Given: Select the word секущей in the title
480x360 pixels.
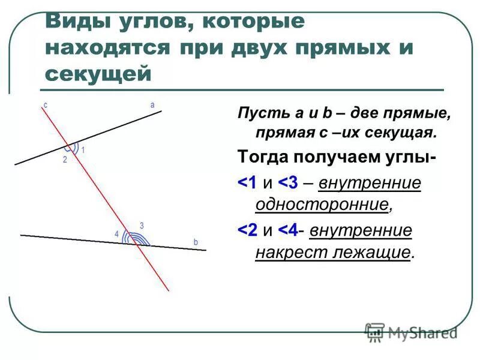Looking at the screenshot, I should pos(97,73).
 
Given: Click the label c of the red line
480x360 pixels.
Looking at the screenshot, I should pos(45,104).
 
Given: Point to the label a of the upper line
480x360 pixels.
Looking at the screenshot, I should pos(152,104).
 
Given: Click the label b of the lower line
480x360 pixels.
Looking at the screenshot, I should pos(196,241).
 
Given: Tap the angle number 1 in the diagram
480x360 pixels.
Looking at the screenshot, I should pos(83,150).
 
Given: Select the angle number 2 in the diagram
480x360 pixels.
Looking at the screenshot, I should pos(65,160).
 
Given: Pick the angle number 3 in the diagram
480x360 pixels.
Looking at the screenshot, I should pos(142,226).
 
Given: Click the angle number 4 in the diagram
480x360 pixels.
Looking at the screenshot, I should pos(117,235).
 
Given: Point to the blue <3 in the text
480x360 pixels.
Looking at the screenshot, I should pos(287,182).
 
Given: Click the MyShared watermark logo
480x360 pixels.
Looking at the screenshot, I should pos(412,331).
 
